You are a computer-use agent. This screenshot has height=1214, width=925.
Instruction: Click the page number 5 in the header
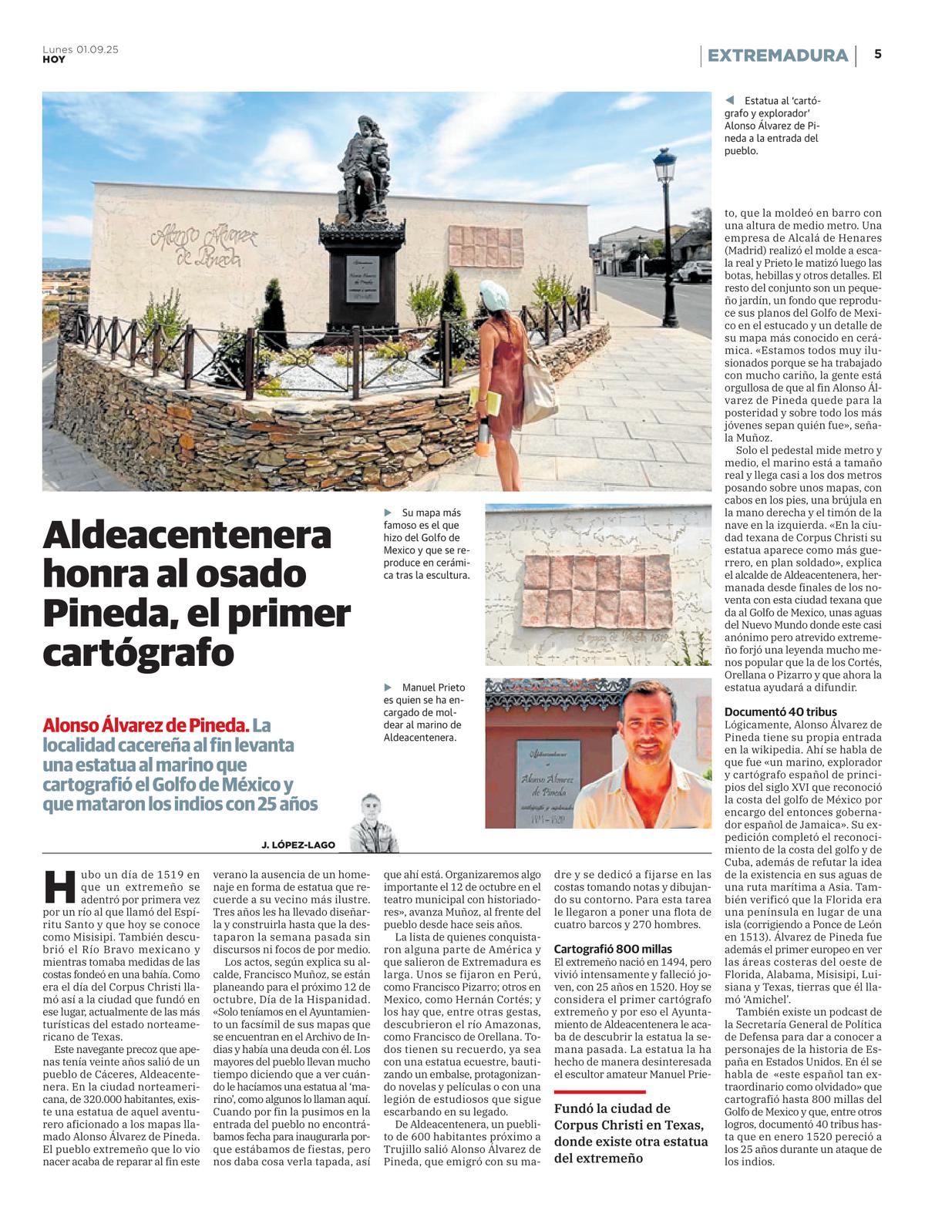(878, 55)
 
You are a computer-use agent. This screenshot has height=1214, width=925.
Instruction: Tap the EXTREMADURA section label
(777, 55)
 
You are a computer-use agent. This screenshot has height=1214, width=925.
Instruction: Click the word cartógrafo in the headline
(138, 654)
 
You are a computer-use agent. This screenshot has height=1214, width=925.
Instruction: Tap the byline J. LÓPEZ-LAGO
(298, 845)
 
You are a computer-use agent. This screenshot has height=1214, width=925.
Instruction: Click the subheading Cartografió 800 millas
(613, 949)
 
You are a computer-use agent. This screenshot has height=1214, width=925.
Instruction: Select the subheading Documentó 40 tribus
(780, 711)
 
